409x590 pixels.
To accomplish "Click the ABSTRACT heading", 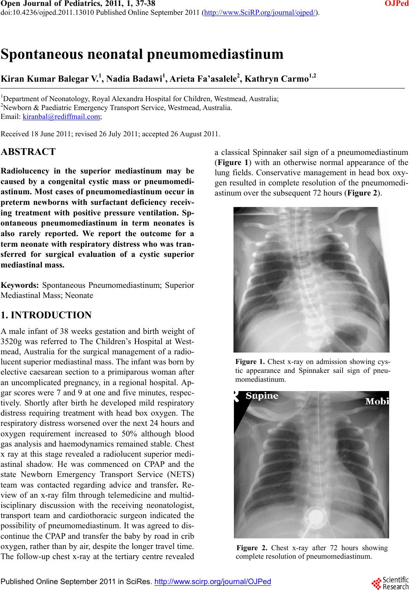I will click(x=28, y=152).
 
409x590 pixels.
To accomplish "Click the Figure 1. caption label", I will click(x=250, y=362).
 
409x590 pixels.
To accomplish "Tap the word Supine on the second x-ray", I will click(x=262, y=396).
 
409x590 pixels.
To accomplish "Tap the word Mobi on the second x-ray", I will click(x=377, y=401).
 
